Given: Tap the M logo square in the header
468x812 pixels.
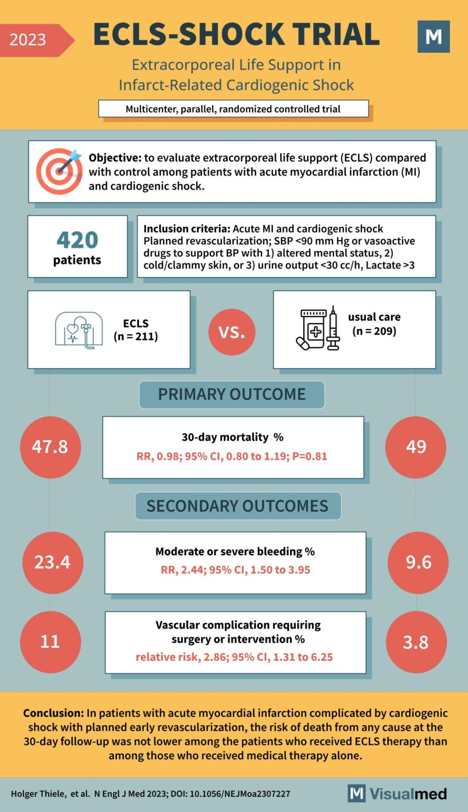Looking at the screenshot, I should coord(433,36).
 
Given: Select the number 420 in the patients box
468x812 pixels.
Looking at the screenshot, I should coord(77,240).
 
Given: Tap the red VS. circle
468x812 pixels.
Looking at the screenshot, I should coord(232,331).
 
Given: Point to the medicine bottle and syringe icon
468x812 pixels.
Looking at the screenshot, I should coord(317,329).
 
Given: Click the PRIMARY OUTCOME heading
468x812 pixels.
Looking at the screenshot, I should coord(232,394).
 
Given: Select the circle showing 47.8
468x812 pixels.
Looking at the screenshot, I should coord(50,447).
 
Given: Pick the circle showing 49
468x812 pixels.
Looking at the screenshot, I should coord(416,447).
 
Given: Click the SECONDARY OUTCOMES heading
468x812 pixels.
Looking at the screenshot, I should coord(237,506).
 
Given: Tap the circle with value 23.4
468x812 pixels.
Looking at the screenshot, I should coord(52,562).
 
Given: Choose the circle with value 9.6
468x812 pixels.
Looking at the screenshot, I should coord(418,562).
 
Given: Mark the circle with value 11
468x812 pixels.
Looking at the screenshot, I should coord(50,642).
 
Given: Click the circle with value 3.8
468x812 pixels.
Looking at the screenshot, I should coord(416,642).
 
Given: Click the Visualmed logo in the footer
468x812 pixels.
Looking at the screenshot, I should coord(397,793).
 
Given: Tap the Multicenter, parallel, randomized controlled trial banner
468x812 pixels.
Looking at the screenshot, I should coord(233,109).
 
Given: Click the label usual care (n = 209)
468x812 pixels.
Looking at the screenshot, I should coord(374,324).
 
